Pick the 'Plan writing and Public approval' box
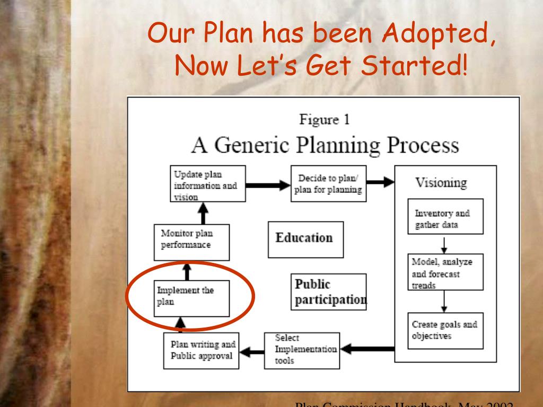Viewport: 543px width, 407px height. [200, 350]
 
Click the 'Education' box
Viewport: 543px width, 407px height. [304, 238]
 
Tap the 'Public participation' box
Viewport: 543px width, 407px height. [329, 291]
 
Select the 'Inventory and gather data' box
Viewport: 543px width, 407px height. [444, 216]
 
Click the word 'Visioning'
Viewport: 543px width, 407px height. [442, 183]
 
